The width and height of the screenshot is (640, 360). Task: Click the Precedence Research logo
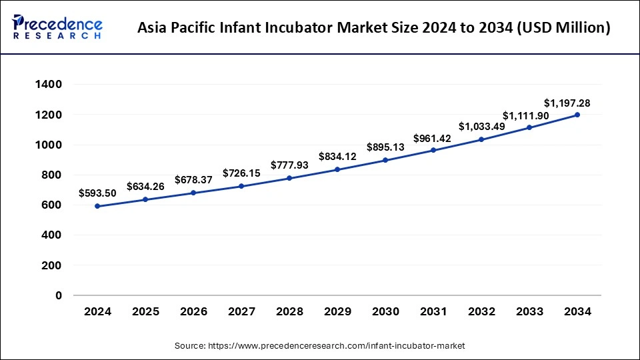[57, 27]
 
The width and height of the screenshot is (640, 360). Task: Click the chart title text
[373, 28]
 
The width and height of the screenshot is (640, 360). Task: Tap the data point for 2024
[97, 206]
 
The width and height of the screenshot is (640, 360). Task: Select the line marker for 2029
[337, 169]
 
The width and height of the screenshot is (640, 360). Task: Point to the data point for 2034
[577, 115]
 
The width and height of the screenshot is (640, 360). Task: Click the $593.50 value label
[98, 193]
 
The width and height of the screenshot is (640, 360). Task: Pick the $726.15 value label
[241, 173]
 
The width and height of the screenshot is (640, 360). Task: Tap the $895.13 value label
[385, 147]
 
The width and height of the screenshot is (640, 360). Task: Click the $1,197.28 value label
[567, 103]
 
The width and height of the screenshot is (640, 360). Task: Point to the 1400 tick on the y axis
[50, 85]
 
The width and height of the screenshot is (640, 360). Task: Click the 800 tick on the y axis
[53, 175]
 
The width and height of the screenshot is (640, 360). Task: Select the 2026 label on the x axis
[193, 311]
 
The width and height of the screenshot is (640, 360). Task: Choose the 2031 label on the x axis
[433, 311]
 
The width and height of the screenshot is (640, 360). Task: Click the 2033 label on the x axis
[529, 311]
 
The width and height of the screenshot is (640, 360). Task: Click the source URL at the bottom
[320, 346]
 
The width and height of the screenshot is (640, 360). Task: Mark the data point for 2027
[241, 186]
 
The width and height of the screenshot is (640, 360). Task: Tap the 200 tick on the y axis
[53, 265]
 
